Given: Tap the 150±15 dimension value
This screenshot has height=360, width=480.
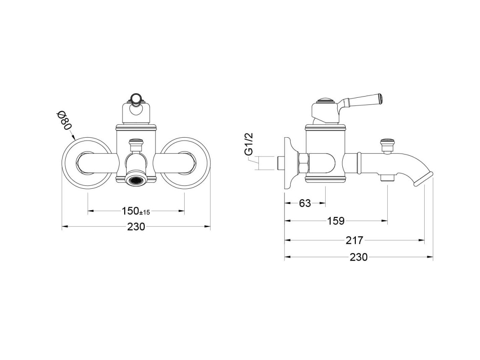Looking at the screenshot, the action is click(x=136, y=211).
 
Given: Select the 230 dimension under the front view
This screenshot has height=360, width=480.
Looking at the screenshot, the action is click(x=136, y=227).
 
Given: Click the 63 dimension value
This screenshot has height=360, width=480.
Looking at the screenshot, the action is click(x=305, y=203).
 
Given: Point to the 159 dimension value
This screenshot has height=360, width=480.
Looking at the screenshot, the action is click(x=336, y=221).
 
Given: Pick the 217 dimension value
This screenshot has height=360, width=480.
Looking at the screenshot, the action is click(x=354, y=240).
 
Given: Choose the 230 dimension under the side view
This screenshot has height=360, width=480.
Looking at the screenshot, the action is click(x=358, y=257).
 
